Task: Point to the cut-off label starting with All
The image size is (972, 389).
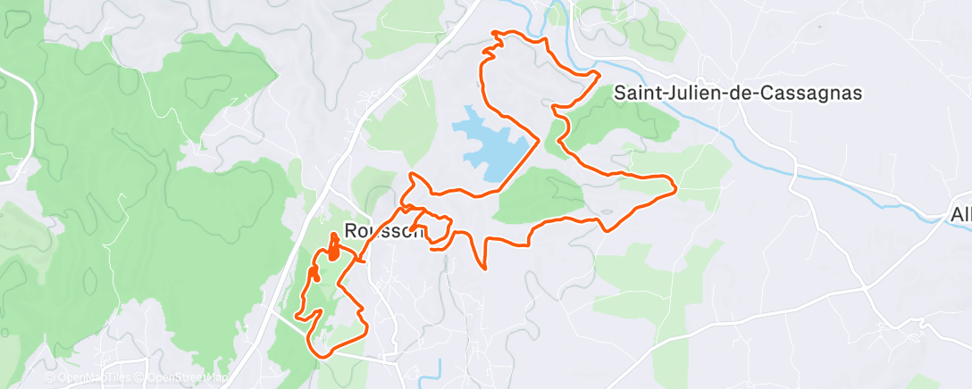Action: tap(959, 215)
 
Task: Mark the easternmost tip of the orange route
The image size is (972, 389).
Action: tap(675, 186)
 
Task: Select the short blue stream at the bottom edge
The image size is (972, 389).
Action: tap(439, 368)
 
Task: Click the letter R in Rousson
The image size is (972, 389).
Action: tap(351, 230)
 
